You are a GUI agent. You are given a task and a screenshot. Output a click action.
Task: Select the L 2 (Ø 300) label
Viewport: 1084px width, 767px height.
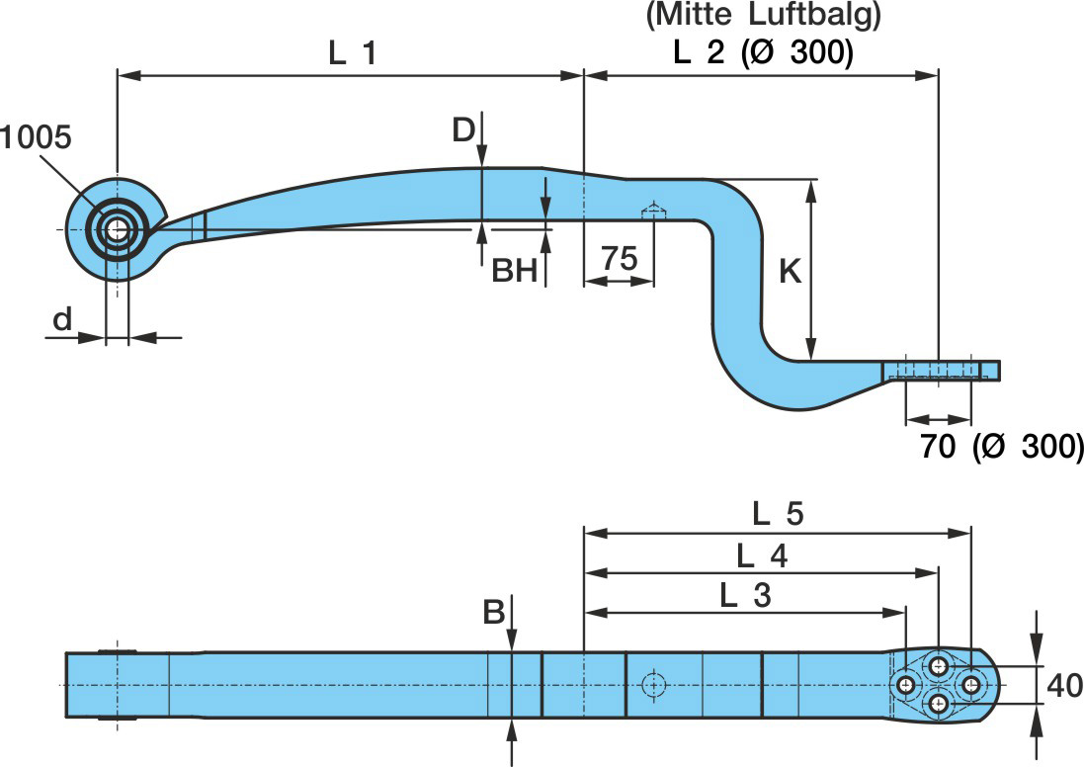762,52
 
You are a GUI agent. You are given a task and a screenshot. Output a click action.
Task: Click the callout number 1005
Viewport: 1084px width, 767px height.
36,137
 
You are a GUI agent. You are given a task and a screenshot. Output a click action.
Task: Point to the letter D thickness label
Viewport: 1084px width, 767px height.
463,129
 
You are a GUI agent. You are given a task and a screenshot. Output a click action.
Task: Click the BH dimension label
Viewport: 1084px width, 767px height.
514,271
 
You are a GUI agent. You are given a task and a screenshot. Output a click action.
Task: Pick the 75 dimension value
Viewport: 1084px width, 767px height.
619,260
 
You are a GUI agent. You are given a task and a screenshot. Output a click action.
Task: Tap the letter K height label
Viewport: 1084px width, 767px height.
790,272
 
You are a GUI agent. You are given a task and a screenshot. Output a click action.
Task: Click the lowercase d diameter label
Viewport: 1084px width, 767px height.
62,318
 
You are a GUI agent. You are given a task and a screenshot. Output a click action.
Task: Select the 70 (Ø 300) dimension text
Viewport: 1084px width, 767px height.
1000,446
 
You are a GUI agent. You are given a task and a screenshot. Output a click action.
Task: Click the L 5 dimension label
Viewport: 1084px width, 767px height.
778,514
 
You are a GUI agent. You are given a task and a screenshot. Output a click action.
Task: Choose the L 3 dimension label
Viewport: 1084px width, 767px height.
745,595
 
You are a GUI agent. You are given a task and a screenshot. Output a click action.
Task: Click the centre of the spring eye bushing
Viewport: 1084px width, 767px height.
117,229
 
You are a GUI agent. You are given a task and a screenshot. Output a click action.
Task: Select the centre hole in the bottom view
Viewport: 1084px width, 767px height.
651,684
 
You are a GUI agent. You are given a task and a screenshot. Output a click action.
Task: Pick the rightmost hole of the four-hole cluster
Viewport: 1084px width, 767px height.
971,685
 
